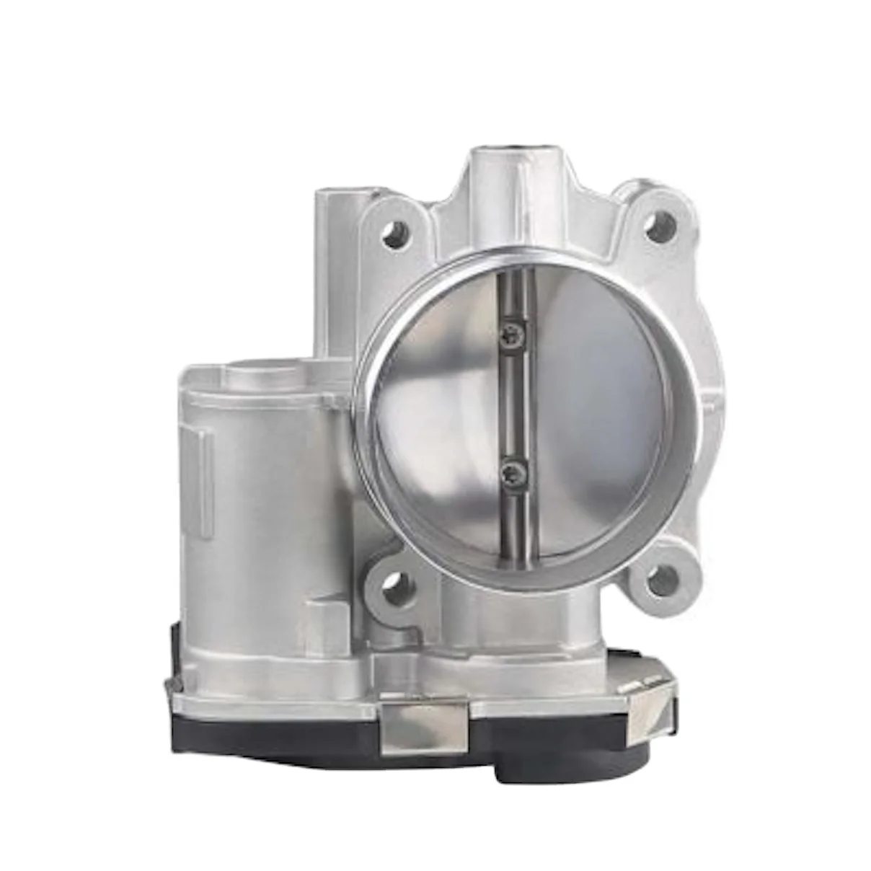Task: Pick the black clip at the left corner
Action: pyautogui.click(x=174, y=653)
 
